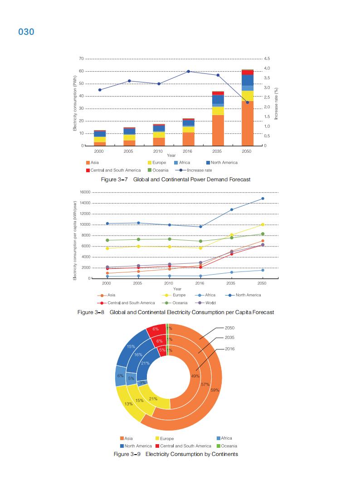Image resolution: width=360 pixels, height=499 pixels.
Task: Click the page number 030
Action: point(26,32)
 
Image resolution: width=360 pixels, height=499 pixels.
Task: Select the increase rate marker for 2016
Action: point(188,71)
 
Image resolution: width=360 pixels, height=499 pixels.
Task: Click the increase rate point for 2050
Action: point(247,102)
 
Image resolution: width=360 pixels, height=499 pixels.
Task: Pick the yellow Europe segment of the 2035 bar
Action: point(218,111)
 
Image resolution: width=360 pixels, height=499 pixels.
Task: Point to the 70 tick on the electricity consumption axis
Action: point(81,59)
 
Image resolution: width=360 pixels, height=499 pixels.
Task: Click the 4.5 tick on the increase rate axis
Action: point(267,59)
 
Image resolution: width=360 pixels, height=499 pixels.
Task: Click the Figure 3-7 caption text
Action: point(175,179)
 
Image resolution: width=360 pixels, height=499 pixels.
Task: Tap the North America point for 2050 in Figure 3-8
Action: point(262,199)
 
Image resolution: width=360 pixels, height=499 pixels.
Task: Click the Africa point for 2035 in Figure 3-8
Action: point(231,272)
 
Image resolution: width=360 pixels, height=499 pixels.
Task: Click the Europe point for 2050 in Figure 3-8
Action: point(262,224)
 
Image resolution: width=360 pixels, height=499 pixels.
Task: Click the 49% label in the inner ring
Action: point(195,376)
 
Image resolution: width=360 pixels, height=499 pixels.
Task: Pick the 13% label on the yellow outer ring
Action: point(128,403)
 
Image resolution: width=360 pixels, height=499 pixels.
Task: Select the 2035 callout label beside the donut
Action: point(230,338)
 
